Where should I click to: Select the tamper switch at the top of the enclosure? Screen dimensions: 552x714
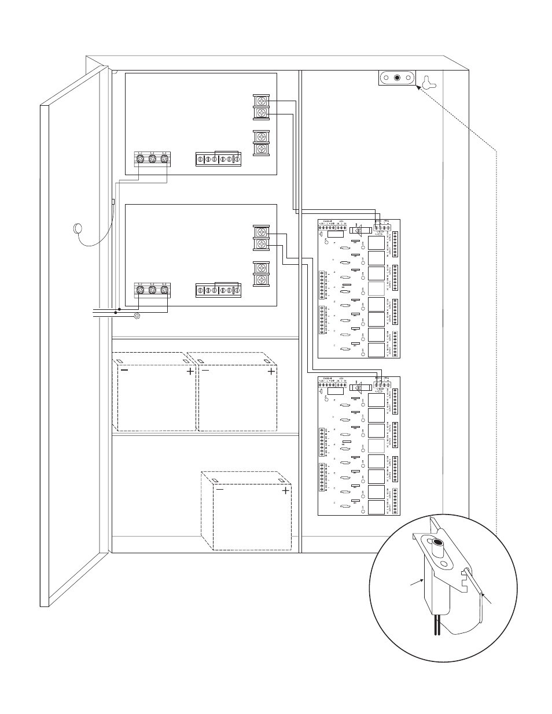[397, 78]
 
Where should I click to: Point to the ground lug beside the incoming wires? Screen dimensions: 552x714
[137, 316]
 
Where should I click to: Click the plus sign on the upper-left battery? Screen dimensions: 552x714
[190, 372]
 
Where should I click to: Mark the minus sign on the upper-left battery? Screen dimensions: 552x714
[124, 372]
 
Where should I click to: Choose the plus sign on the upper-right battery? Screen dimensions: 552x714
[271, 372]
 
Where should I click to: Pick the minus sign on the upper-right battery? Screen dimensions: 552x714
[205, 372]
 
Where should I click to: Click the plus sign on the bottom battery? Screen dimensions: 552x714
[285, 491]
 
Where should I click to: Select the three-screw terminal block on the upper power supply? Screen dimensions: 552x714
[152, 158]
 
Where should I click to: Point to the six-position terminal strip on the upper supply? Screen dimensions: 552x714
[218, 160]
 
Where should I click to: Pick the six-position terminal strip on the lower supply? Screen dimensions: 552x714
[218, 290]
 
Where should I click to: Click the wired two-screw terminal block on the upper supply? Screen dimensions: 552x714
[262, 107]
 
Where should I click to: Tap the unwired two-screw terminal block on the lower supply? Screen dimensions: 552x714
[262, 274]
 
